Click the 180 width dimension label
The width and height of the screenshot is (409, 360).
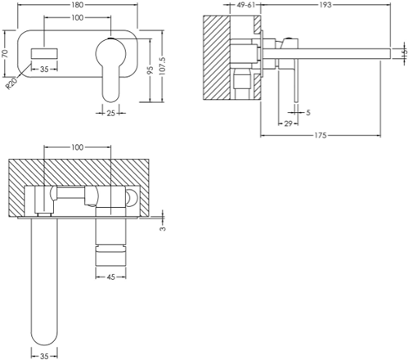point(77,5)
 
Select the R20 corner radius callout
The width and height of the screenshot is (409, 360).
point(11,83)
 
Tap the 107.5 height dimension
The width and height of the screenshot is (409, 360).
point(162,66)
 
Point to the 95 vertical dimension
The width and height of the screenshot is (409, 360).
point(150,70)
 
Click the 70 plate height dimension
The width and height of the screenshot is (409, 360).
point(5,53)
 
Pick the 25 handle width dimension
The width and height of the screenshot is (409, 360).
point(110,113)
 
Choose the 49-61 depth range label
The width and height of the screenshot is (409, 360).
point(245,5)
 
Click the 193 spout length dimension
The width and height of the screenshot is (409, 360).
point(326,5)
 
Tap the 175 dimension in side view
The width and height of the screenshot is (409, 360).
point(321,135)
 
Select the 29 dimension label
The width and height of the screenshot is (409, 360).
point(288,124)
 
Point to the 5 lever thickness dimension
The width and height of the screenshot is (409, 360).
point(308,112)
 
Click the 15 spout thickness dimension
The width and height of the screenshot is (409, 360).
point(405,52)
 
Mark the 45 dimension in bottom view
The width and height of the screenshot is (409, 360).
point(110,277)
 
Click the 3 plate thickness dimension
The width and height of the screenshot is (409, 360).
point(163,228)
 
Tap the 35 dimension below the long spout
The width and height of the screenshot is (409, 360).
point(44,356)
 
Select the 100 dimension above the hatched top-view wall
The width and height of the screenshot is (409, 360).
point(77,147)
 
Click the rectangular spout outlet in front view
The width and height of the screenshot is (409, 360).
point(44,53)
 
